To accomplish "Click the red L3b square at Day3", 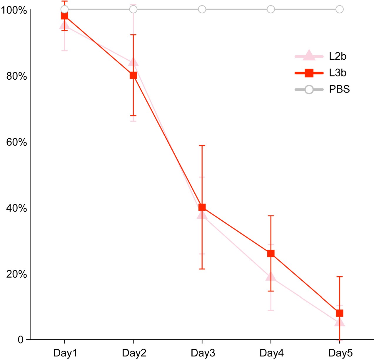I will pos(202,207).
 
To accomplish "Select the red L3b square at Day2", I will pos(133,76).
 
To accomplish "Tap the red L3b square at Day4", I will pos(271,254).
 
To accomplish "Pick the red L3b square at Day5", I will pos(340,313).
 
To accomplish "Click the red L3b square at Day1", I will pos(64,16).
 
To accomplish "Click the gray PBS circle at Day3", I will pos(202,9).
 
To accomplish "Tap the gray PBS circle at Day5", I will pos(340,9).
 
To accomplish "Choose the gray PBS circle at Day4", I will pos(271,9).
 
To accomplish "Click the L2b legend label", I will pos(338,56).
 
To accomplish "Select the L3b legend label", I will pos(338,73).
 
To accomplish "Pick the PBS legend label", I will pos(339,89).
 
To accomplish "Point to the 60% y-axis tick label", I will pos(16,142).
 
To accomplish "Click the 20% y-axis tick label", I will pos(16,274).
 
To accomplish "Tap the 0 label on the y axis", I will pos(21,340).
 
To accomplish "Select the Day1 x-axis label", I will pos(65,353).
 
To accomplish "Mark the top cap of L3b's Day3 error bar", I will pos(202,145).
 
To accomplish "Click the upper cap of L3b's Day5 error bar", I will pos(340,277).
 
